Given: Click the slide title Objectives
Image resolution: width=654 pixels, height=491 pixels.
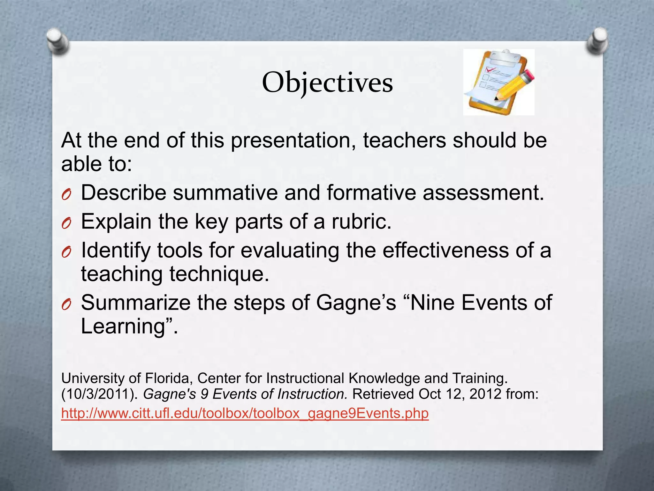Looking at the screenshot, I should (327, 83).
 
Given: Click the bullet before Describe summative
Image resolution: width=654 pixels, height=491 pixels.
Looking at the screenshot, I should (66, 194).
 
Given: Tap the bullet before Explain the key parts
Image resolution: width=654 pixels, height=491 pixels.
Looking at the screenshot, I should (66, 223).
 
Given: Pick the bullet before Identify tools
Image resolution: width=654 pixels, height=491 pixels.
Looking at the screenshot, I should (66, 252).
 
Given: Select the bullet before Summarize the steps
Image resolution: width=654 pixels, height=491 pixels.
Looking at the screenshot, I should (66, 304).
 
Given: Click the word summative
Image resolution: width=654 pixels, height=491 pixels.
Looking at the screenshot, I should (225, 193).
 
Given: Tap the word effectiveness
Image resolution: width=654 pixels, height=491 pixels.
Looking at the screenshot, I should (445, 250).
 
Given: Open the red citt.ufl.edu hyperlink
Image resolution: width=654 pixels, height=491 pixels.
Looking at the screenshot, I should (245, 413).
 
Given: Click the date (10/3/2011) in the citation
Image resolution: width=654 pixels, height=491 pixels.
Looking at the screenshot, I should (99, 394).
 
